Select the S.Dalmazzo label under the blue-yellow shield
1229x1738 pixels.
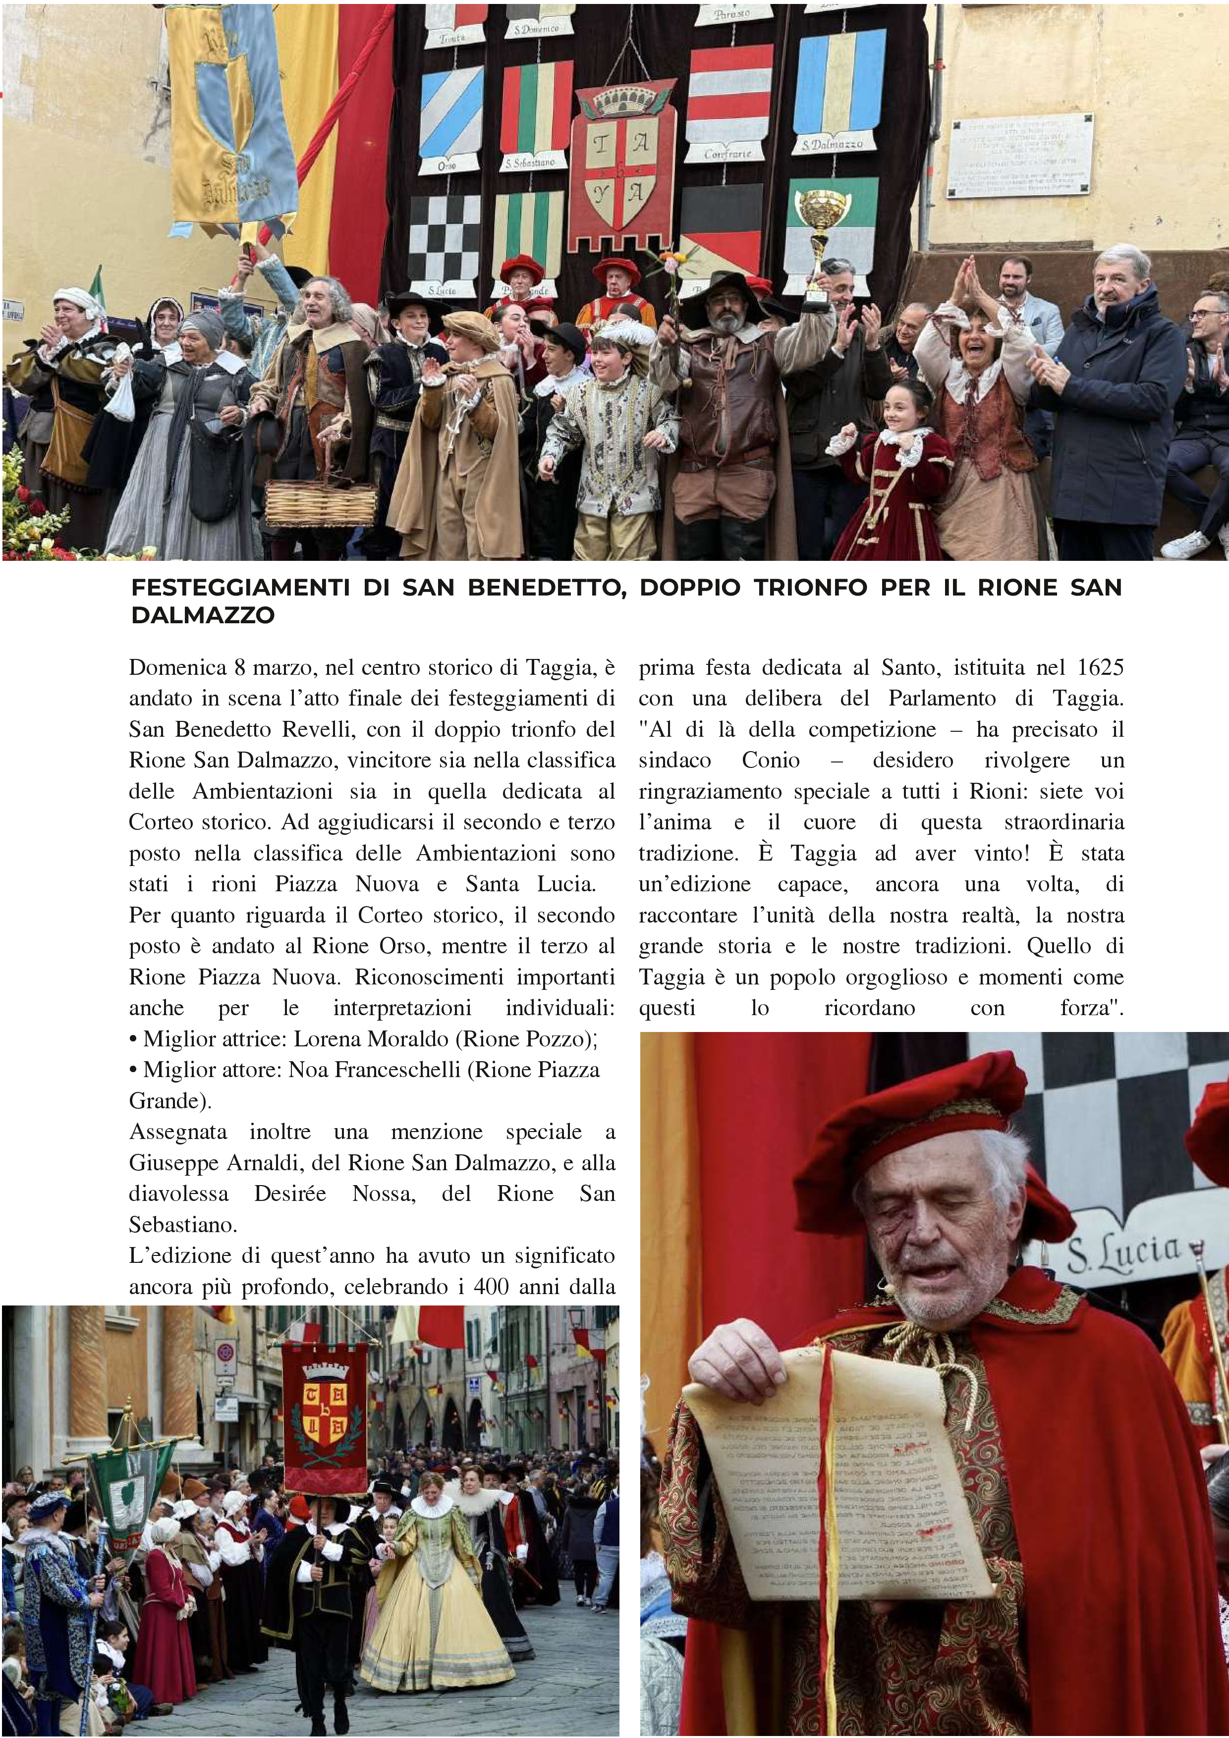(832, 144)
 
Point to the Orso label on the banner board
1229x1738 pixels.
(447, 165)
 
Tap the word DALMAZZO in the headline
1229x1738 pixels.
(202, 615)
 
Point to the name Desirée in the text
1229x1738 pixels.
(290, 1194)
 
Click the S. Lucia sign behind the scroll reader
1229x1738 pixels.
(1124, 1253)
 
